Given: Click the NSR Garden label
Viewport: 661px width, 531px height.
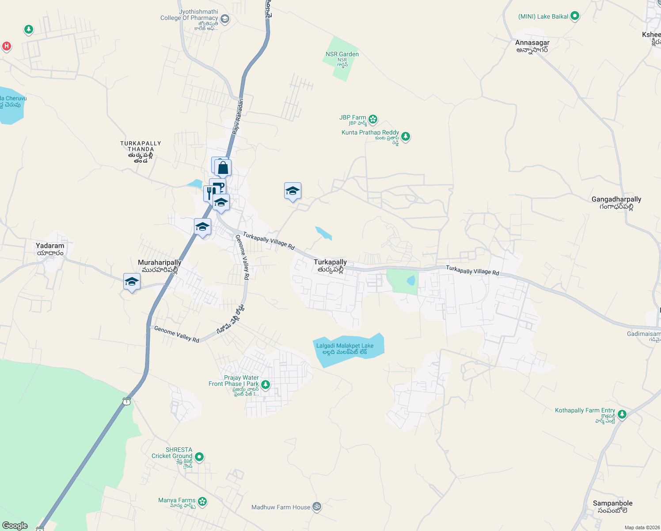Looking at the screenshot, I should (x=342, y=54).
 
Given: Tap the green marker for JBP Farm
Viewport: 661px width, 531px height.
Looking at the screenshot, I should (x=373, y=119).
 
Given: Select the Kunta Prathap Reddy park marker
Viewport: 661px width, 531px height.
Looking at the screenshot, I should (x=406, y=136).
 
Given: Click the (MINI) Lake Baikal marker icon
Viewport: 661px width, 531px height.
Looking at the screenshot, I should (x=575, y=16).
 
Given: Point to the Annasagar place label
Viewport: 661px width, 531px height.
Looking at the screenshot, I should (x=532, y=43).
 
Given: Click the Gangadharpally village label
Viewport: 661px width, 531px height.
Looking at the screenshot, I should (x=616, y=200).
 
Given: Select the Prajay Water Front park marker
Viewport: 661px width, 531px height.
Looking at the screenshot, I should (x=266, y=384).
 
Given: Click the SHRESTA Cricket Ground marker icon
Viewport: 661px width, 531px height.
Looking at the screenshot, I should (x=199, y=456).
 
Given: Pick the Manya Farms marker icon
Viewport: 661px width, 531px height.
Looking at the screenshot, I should (x=202, y=501).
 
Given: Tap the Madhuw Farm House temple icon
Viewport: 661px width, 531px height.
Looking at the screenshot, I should (x=317, y=507).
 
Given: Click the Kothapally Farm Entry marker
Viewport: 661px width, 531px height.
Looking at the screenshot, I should (x=622, y=414).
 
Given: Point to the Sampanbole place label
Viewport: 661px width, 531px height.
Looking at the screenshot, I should (x=612, y=504).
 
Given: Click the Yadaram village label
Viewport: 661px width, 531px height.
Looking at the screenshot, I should (x=50, y=246).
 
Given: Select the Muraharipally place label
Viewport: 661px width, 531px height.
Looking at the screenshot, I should (x=160, y=263).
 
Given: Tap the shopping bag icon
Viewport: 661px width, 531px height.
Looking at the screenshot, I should (x=223, y=168).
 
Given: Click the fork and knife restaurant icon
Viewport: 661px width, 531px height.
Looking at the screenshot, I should (x=210, y=193).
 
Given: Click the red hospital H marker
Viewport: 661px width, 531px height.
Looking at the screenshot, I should (x=6, y=46).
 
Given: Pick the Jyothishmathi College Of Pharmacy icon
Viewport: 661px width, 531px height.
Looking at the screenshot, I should (x=225, y=19).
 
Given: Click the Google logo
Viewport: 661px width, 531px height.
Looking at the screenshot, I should (x=15, y=526).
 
